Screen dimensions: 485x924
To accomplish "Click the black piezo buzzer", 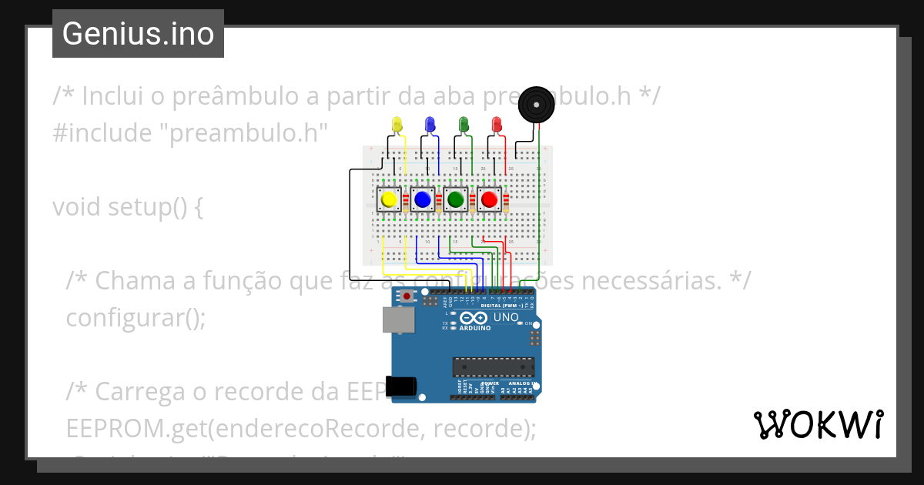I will click(536, 104).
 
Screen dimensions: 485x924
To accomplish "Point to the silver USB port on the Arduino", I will click(397, 320).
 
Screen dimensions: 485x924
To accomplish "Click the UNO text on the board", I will click(506, 317).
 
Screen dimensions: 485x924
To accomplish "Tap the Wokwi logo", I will click(819, 424).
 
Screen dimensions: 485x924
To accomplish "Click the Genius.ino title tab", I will click(138, 34).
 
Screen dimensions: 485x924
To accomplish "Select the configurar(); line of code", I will click(136, 318).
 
